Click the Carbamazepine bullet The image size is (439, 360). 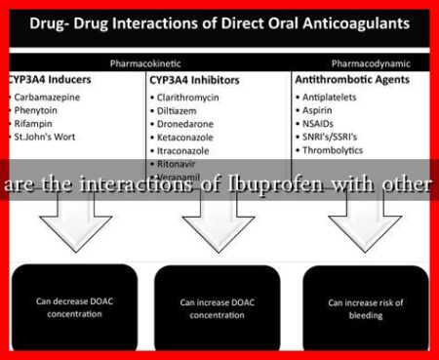[x=50, y=97]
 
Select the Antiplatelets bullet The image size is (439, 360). [x=335, y=97]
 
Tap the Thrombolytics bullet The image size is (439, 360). [x=338, y=151]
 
